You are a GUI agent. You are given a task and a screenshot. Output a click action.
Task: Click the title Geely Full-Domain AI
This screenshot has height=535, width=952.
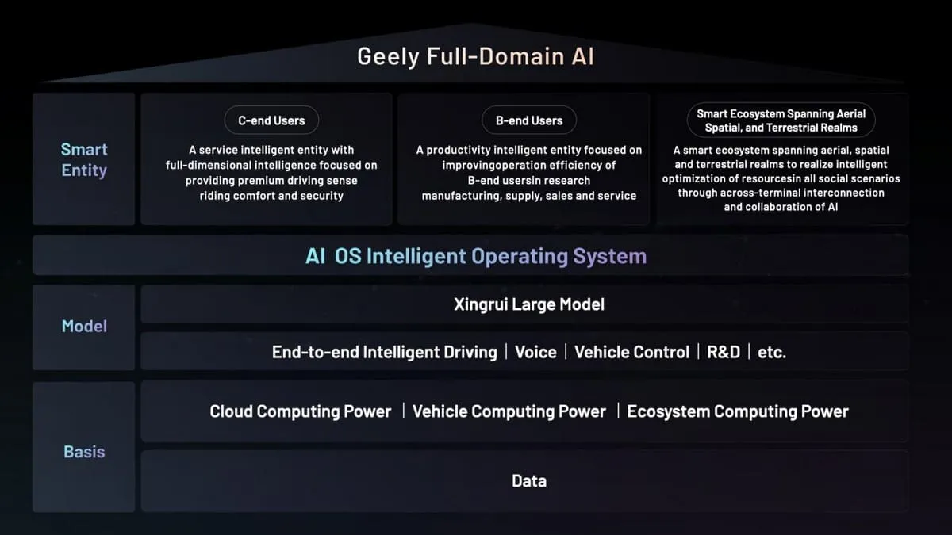coord(475,57)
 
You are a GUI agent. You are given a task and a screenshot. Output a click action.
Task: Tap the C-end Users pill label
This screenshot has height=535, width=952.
coord(271,120)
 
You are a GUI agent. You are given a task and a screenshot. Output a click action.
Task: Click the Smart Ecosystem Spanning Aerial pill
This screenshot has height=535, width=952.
coord(781,120)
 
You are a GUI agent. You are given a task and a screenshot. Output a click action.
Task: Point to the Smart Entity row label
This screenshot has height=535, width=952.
coord(84,159)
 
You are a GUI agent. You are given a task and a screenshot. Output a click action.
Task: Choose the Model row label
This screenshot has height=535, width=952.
coord(84,327)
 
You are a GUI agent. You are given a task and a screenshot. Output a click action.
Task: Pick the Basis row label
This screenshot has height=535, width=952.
coord(84,452)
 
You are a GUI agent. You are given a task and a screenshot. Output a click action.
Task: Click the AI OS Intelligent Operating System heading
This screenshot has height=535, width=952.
coord(475,256)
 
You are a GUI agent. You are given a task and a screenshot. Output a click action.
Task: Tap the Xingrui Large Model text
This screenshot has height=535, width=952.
coord(529,304)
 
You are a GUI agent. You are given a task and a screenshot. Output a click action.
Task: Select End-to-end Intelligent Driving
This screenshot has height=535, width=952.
coord(384,352)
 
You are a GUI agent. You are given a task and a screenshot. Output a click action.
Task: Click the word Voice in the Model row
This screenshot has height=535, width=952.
coord(535,352)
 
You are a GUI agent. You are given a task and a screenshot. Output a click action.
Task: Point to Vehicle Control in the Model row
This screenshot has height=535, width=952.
coord(631,352)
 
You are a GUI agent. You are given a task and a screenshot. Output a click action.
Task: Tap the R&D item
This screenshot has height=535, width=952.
coord(723,352)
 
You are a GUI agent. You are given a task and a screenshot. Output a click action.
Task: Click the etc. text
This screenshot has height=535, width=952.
coord(772,352)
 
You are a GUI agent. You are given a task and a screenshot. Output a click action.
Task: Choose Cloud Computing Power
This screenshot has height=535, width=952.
coord(301,411)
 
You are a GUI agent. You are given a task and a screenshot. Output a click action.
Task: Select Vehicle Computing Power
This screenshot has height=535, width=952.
coord(509,411)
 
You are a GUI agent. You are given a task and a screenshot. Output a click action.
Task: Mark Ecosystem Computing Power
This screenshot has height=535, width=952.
coord(738,411)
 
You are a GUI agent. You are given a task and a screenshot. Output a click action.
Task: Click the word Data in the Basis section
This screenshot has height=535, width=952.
coord(529,481)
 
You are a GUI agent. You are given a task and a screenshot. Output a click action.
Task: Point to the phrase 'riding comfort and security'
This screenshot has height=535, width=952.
coord(271,196)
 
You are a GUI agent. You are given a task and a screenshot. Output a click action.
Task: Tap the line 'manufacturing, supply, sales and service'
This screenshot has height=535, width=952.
coord(529,196)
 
